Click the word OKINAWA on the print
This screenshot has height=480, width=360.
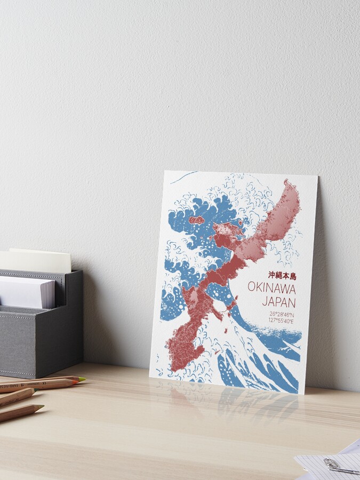[271, 287]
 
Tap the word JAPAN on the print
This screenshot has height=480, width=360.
[279, 301]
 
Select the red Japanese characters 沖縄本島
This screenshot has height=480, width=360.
[282, 276]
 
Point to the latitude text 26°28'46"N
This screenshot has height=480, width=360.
[283, 314]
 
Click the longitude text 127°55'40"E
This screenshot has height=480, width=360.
[283, 321]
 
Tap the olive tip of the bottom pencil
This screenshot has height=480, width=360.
[39, 409]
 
